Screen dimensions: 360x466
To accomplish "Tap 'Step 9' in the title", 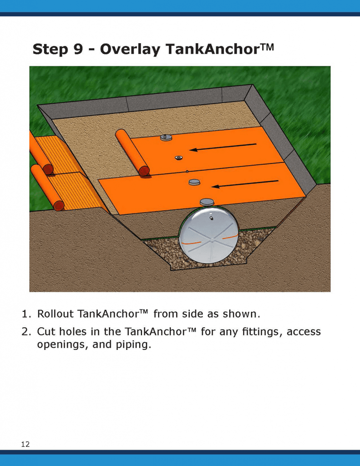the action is coord(58,49).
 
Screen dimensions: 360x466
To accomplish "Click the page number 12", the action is coord(25,444).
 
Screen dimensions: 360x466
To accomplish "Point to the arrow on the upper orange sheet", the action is coord(223,147).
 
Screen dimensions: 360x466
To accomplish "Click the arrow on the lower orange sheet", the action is coord(245,184).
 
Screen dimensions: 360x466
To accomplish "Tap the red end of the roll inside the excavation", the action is coord(144,171).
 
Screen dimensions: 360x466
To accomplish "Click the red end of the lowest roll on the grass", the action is coord(59,206).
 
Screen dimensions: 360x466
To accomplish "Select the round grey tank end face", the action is coord(209,235).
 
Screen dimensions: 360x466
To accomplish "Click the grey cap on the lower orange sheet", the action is coord(195,182).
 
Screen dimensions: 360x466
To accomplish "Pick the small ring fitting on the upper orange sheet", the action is coord(178,157).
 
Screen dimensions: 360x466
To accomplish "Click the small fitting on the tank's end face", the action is coord(211,218).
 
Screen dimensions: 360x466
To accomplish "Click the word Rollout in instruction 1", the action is coord(55,314).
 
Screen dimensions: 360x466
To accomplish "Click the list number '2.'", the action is coord(26,332).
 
